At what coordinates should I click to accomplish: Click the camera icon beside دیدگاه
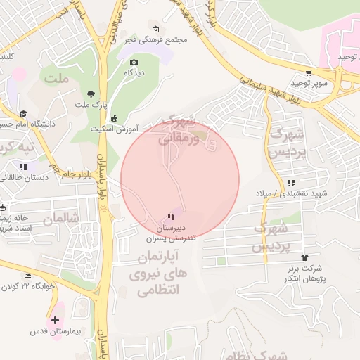click(134, 63)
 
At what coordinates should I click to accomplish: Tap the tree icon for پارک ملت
click(91, 94)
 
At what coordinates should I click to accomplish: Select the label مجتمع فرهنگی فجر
click(161, 40)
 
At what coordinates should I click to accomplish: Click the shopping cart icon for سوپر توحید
click(309, 73)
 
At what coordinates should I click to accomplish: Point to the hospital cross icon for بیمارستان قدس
click(55, 320)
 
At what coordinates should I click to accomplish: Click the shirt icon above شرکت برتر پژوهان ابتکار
click(304, 257)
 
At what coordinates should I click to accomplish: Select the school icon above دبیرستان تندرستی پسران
click(171, 217)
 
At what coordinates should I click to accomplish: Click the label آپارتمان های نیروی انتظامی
click(156, 271)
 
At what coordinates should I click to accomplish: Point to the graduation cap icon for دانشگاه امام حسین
click(23, 113)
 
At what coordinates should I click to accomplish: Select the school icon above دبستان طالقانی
click(23, 167)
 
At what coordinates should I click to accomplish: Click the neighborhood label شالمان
click(58, 219)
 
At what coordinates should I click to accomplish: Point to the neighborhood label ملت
click(56, 77)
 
